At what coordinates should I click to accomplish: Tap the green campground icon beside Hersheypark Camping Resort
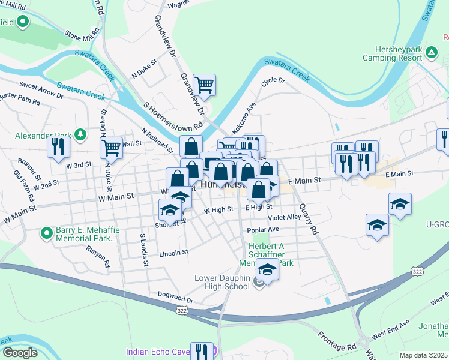(x=431, y=53)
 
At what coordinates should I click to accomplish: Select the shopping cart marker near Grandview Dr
(x=205, y=85)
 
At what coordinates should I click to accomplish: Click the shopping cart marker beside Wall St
(x=111, y=147)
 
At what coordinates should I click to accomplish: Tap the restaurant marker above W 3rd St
(x=58, y=148)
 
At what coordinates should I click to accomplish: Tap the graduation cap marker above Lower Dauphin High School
(x=267, y=270)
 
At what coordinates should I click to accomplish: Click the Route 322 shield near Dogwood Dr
(x=181, y=310)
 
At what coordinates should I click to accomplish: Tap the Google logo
(x=19, y=353)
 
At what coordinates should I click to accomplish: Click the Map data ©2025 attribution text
(x=423, y=355)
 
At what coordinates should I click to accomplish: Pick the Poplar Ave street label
(x=262, y=230)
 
